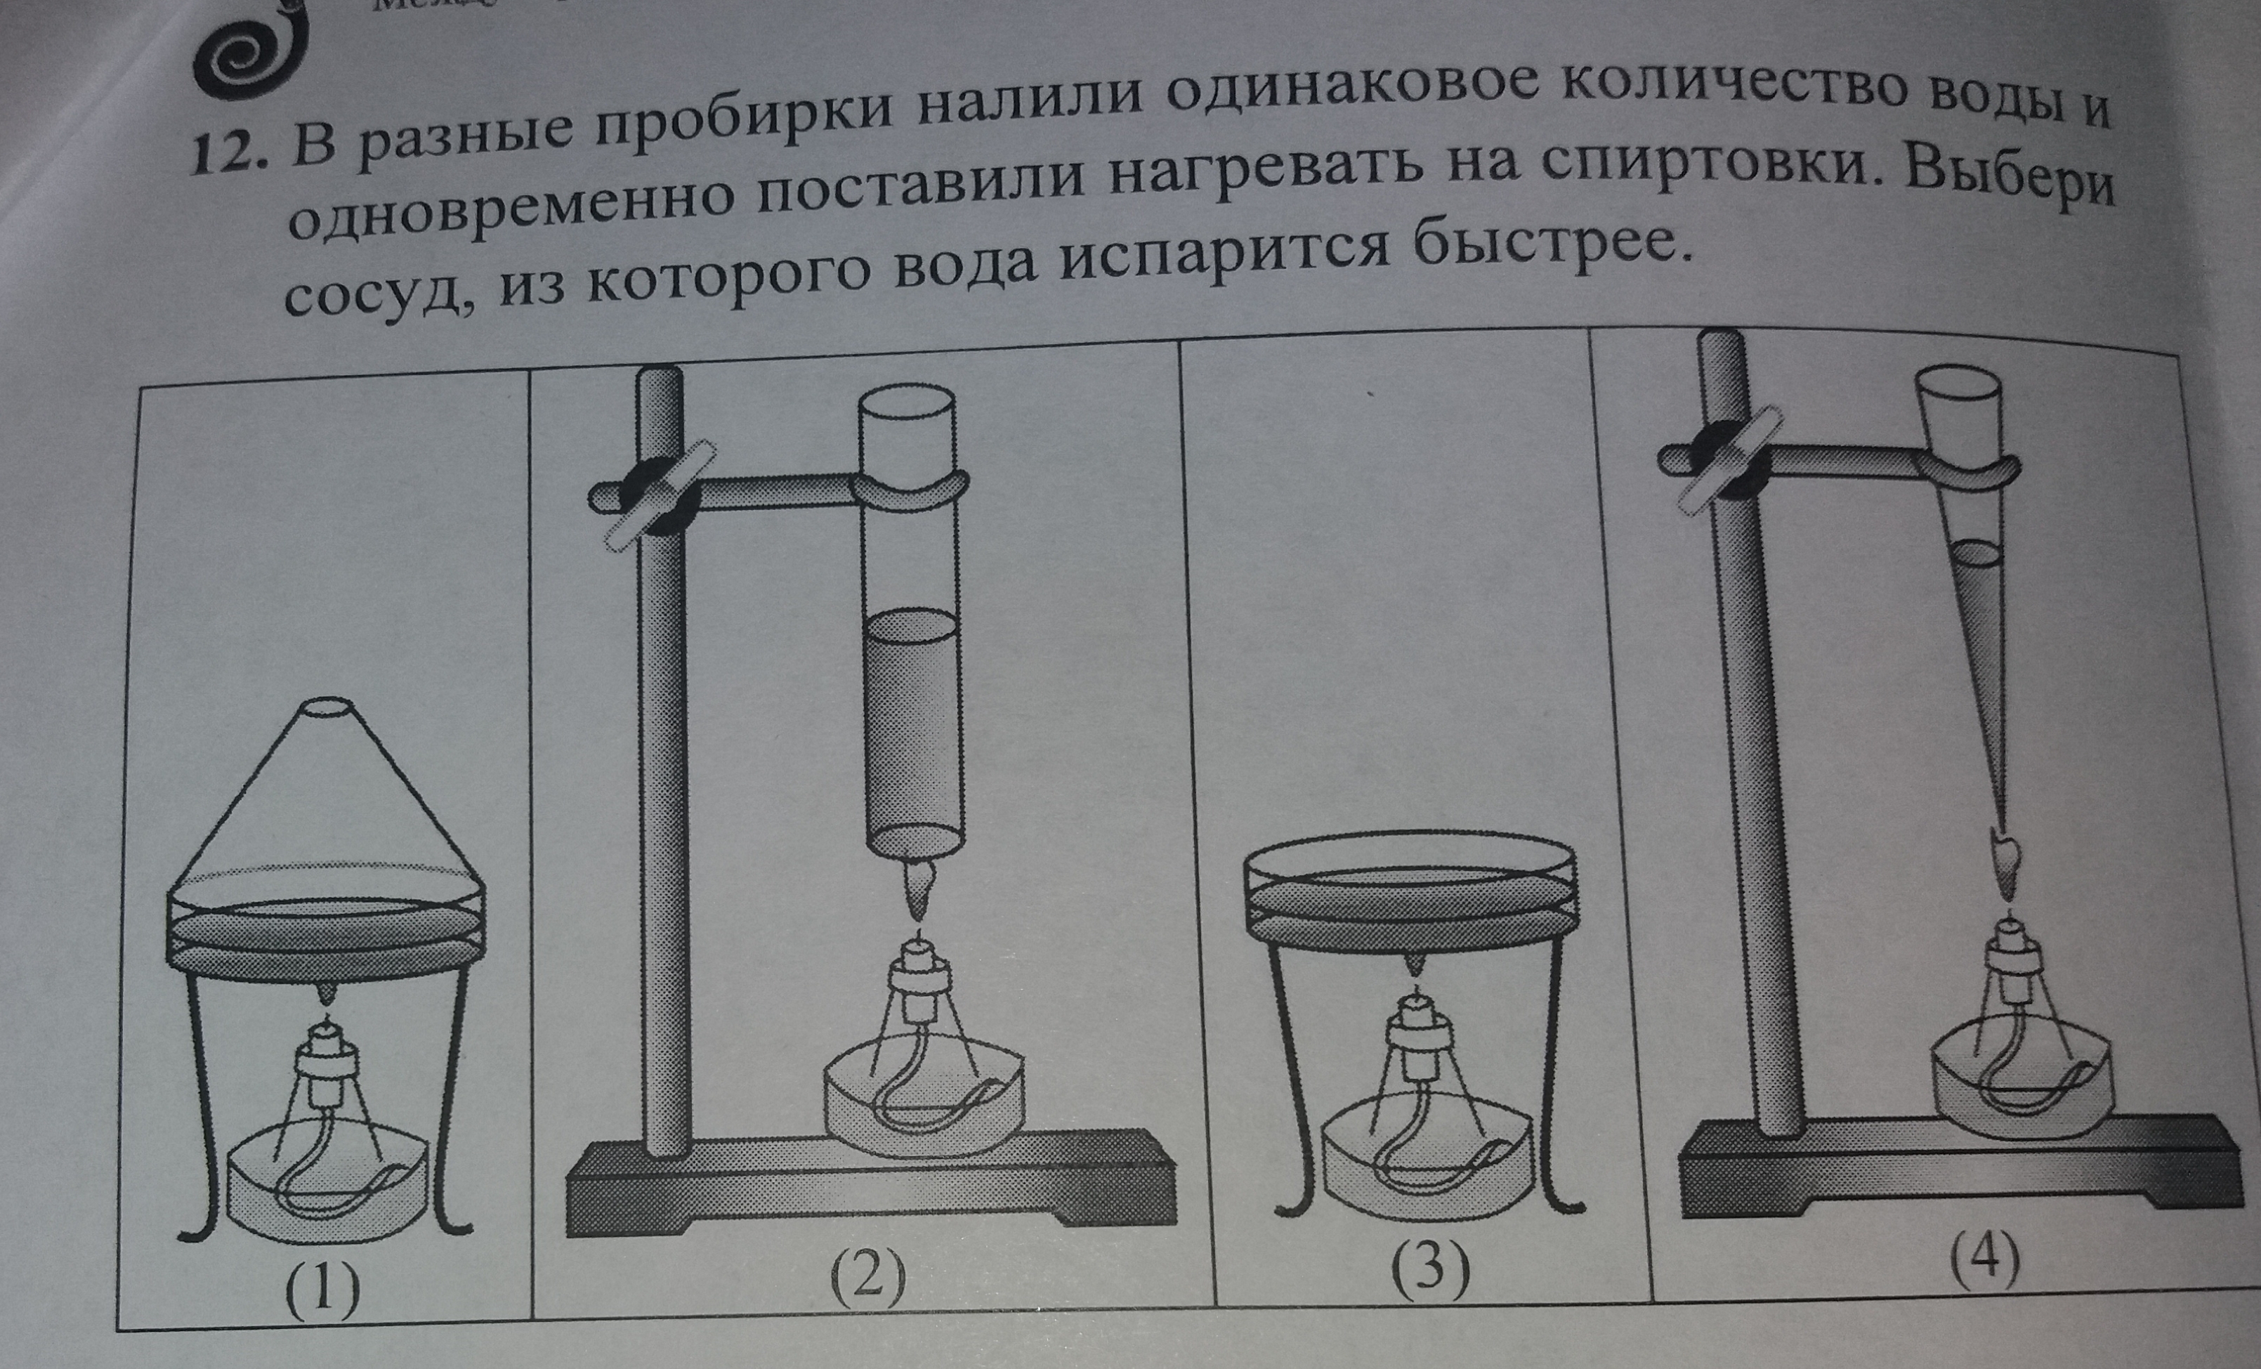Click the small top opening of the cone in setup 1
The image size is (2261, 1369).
[327, 710]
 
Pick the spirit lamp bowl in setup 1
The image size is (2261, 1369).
[327, 1189]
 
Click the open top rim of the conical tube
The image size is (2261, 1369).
[1964, 378]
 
